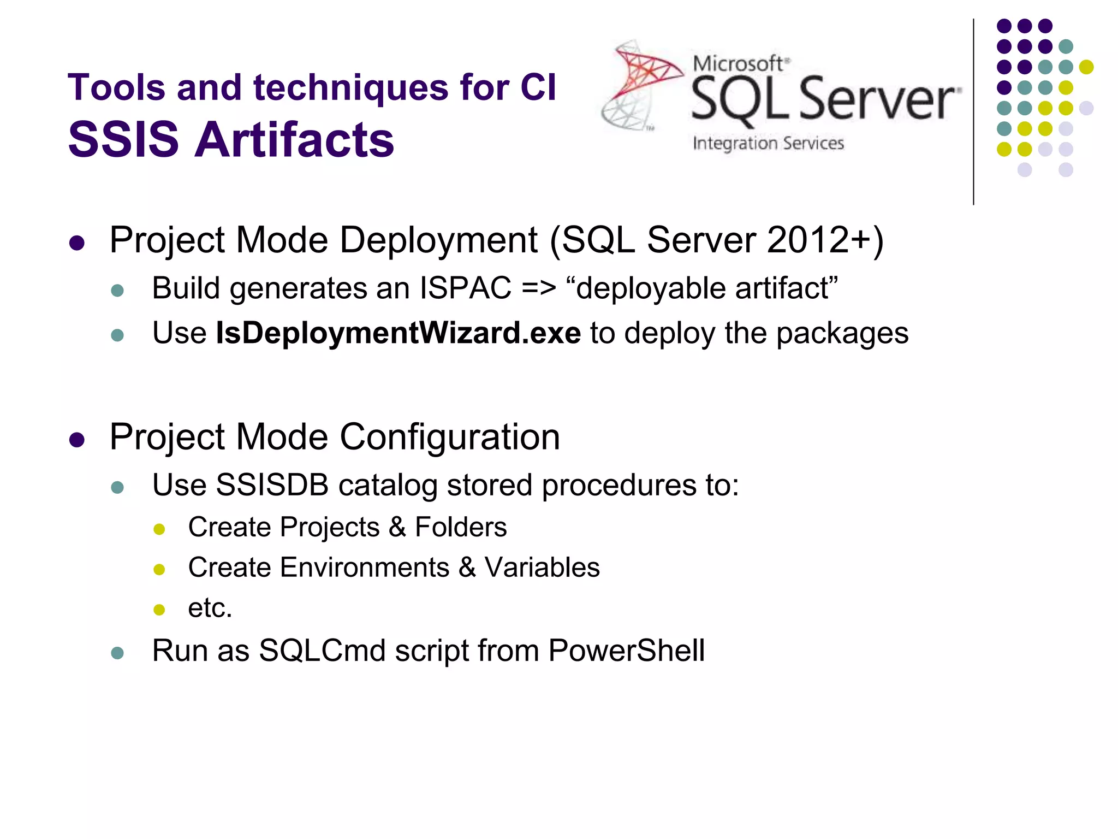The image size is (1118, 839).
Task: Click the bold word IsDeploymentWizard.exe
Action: pos(398,333)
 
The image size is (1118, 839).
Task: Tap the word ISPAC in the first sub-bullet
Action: pos(465,288)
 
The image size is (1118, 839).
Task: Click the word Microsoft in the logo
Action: pos(738,63)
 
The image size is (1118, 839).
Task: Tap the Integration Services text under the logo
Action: pos(768,143)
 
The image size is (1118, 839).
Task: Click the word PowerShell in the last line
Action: pos(626,651)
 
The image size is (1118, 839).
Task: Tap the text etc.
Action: pos(210,608)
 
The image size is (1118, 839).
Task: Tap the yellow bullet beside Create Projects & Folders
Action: pos(159,529)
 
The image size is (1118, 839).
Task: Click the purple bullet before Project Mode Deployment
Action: pos(77,243)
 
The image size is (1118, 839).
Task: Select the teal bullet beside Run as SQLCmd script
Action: pos(117,653)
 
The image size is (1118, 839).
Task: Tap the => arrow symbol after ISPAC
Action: pos(539,288)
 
